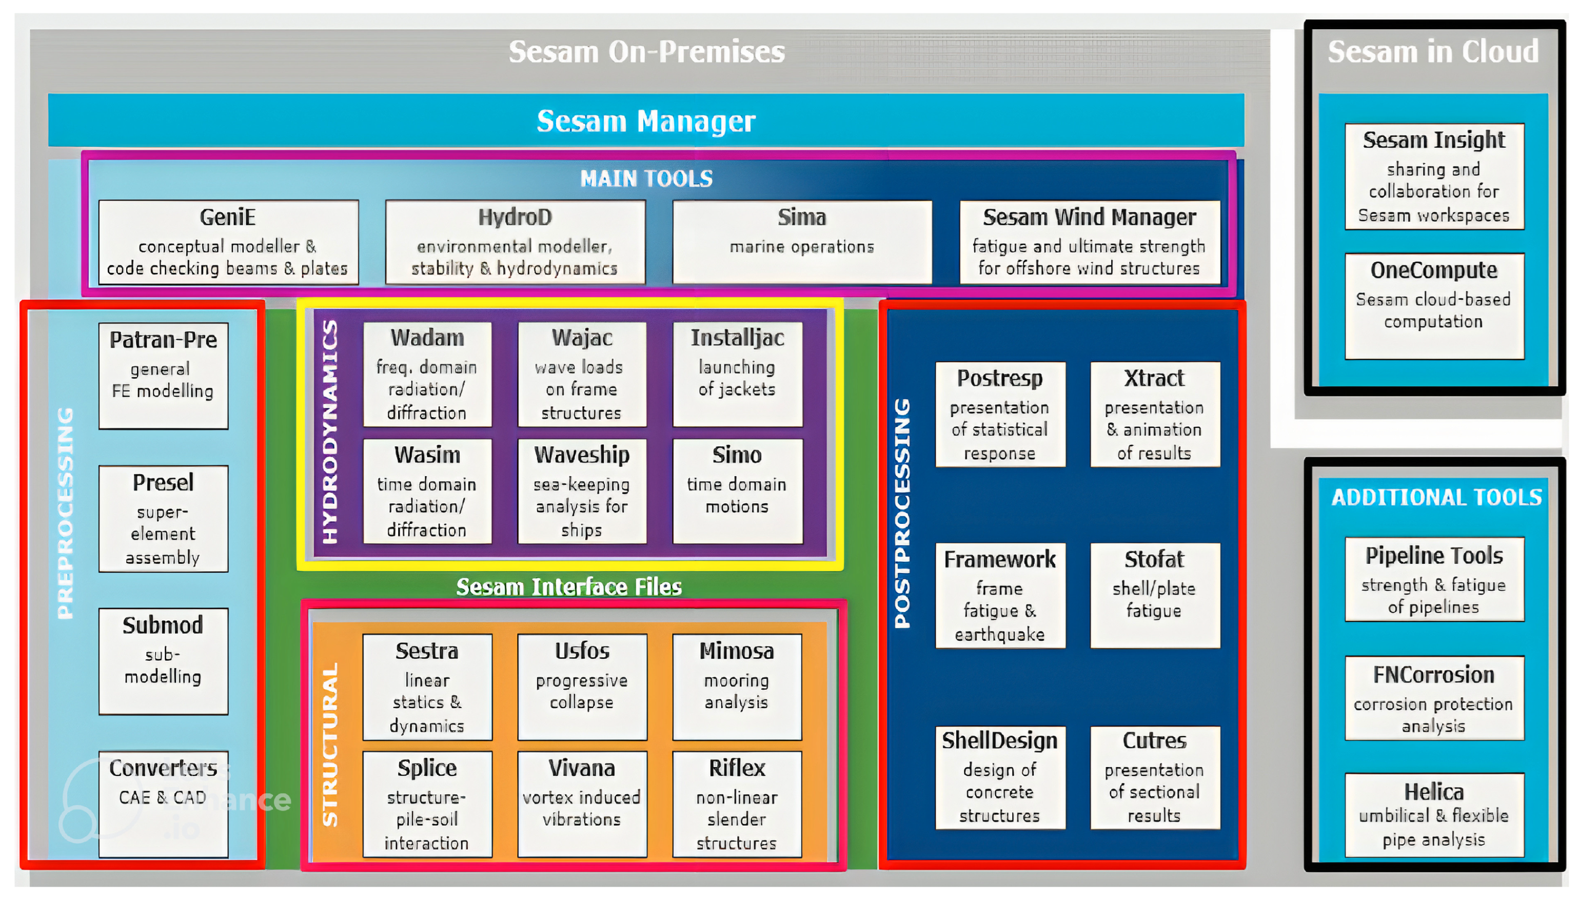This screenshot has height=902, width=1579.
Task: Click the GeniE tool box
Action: (228, 242)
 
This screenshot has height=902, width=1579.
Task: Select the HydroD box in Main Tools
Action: (515, 242)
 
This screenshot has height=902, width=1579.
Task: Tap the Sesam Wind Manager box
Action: (1089, 242)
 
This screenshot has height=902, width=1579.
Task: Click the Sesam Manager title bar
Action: (645, 120)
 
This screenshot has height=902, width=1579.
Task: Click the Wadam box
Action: (427, 374)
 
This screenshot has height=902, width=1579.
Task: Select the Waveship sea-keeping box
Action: (581, 491)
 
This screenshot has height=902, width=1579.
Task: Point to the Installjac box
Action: (737, 374)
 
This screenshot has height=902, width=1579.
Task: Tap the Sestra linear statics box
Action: (427, 687)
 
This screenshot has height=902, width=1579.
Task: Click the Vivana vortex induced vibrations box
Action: (581, 803)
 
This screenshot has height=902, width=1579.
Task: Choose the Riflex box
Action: (736, 803)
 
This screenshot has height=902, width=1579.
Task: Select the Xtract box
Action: (1154, 414)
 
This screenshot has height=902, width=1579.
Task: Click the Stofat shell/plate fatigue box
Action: (1154, 595)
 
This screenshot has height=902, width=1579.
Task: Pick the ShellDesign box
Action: (999, 777)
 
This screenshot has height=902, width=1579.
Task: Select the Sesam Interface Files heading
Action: (568, 586)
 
